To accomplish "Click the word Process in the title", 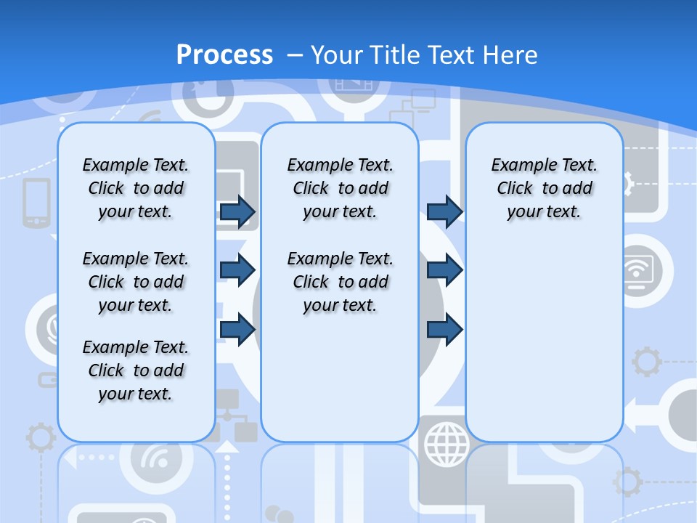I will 224,54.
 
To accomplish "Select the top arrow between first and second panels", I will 237,211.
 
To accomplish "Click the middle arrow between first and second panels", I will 237,270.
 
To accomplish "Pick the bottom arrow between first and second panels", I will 237,330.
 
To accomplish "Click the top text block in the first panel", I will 136,188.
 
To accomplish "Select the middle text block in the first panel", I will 136,282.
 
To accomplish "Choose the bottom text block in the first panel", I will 136,370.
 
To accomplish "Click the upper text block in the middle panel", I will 340,188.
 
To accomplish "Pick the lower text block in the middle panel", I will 340,282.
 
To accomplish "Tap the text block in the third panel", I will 544,188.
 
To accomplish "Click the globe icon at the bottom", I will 447,445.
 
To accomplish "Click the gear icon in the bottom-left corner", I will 40,439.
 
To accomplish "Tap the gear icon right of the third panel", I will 646,362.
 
